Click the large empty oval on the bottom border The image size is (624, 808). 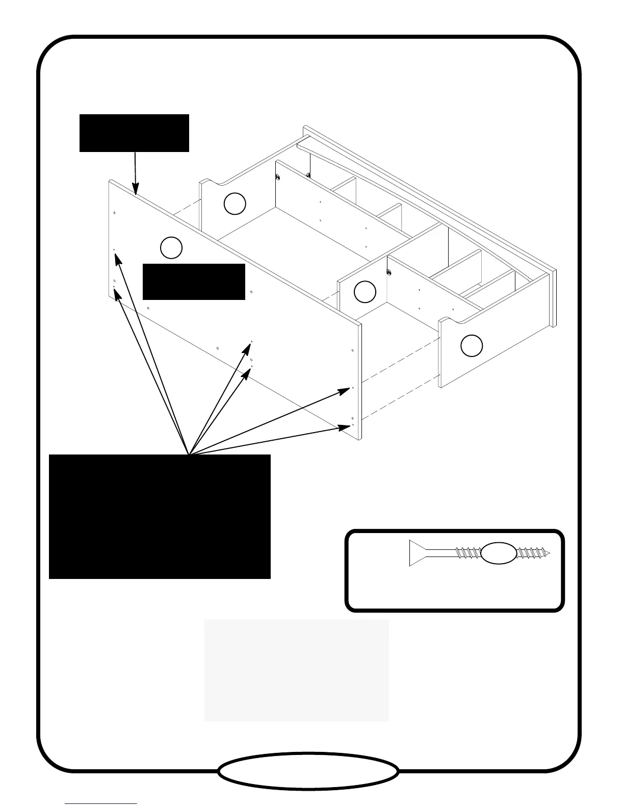tap(308, 771)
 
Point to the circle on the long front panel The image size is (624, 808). tap(171, 248)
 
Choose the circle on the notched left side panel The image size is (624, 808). tap(235, 204)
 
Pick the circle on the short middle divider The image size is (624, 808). tap(365, 292)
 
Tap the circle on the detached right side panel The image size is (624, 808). tap(472, 346)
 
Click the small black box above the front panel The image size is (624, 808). tap(134, 133)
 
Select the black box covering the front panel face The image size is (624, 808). tap(194, 282)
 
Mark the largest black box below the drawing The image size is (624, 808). tap(160, 516)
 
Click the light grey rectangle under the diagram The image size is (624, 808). tap(296, 670)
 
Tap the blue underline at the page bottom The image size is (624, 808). tap(101, 804)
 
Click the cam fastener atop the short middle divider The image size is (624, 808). tap(389, 272)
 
